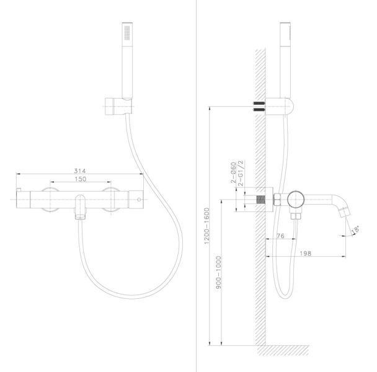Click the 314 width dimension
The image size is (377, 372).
[x=80, y=171]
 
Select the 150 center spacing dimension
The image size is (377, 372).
[x=81, y=179]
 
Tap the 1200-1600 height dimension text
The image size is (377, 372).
[x=206, y=226]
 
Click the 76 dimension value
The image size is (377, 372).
[x=280, y=236]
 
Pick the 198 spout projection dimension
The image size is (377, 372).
[x=305, y=253]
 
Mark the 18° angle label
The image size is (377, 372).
[x=355, y=229]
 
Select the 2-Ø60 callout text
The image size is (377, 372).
[x=234, y=172]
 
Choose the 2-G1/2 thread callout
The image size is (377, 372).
[x=241, y=174]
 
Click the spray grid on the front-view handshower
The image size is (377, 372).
[x=126, y=32]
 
